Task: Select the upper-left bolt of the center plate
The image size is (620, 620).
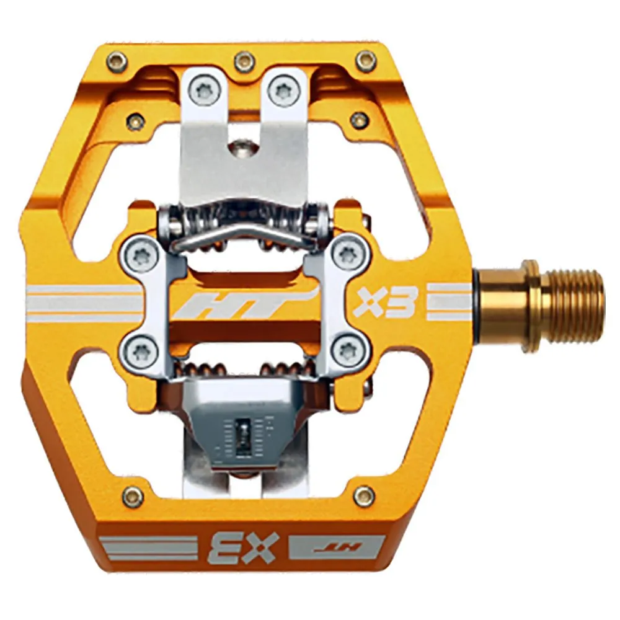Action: click(x=138, y=253)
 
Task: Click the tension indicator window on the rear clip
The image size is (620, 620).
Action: click(x=243, y=434)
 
